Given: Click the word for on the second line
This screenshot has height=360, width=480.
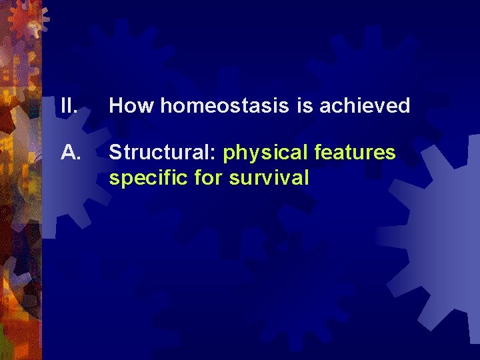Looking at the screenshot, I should pyautogui.click(x=209, y=178).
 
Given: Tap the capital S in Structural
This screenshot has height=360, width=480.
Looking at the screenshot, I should pyautogui.click(x=115, y=153).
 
